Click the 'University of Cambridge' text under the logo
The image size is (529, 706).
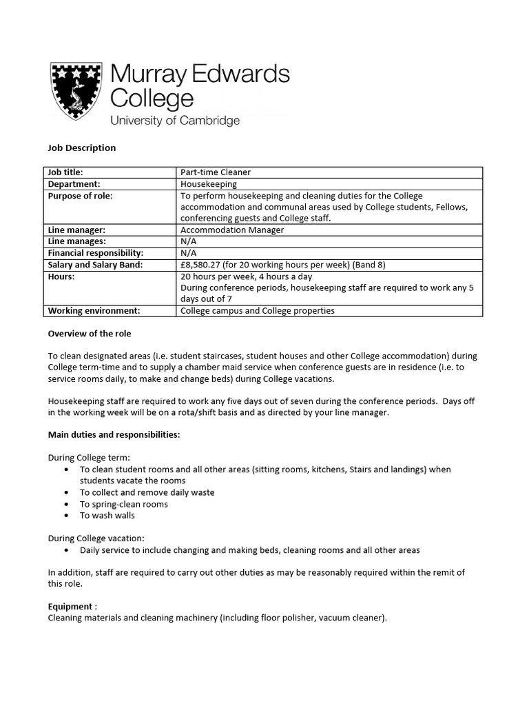click(175, 121)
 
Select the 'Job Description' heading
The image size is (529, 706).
click(81, 148)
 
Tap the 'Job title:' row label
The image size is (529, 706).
click(70, 172)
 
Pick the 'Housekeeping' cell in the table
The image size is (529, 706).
click(208, 184)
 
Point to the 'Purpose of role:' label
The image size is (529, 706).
click(80, 196)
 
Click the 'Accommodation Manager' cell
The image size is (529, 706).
click(231, 230)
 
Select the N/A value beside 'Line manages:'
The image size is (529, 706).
click(189, 241)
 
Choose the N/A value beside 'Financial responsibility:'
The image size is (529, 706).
click(189, 253)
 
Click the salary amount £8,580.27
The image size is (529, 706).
click(205, 265)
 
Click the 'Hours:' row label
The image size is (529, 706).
click(61, 276)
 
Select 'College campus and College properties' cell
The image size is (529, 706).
click(257, 311)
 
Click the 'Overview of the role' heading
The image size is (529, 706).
click(90, 333)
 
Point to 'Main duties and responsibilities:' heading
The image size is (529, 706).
click(114, 434)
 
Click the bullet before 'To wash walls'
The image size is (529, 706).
click(65, 515)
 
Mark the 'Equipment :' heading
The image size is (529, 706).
click(72, 607)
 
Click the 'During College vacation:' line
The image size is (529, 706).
click(96, 538)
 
